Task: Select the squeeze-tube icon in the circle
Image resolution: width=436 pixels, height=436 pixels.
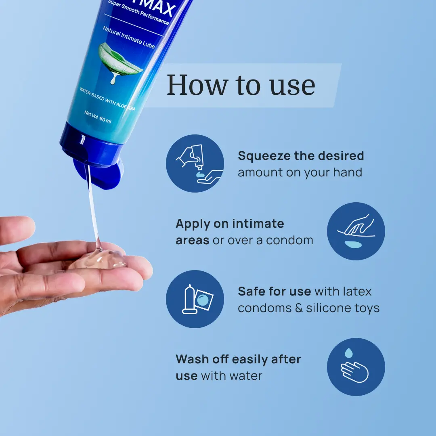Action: [195, 163]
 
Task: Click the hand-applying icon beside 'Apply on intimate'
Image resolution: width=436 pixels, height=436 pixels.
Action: [356, 231]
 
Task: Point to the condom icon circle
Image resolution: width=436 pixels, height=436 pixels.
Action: [195, 299]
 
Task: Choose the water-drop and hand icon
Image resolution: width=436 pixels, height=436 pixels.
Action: [356, 367]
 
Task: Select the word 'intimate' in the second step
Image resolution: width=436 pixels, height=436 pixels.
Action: [258, 224]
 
